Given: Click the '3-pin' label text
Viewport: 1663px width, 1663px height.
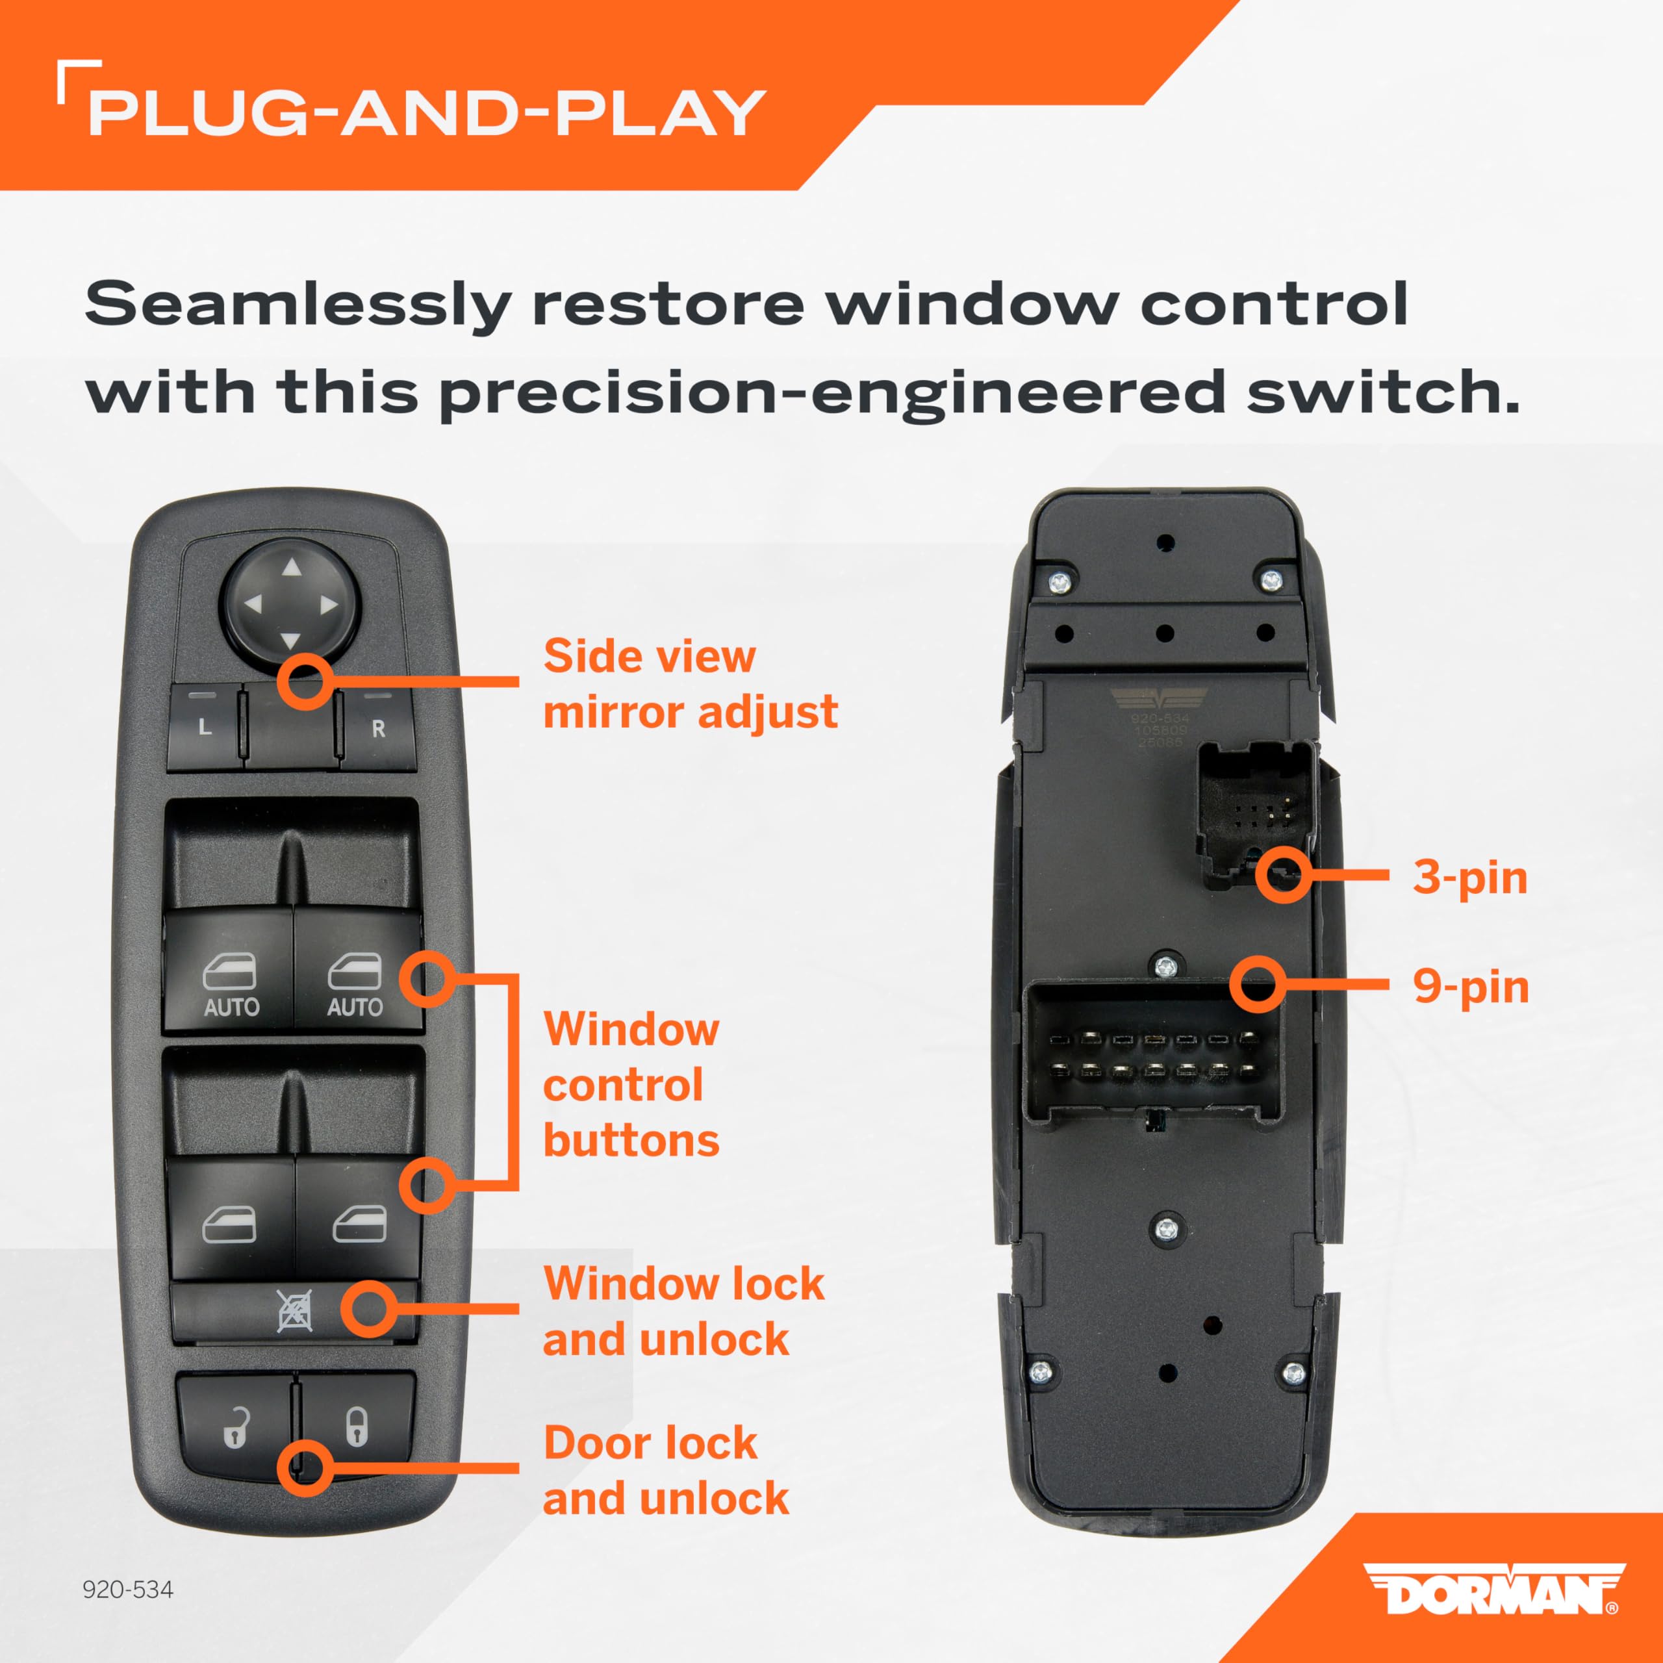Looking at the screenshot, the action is [x=1470, y=878].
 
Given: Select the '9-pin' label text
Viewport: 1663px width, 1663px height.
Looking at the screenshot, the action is [x=1470, y=987].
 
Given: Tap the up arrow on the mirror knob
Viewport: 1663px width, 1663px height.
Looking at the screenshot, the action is [x=292, y=567].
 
